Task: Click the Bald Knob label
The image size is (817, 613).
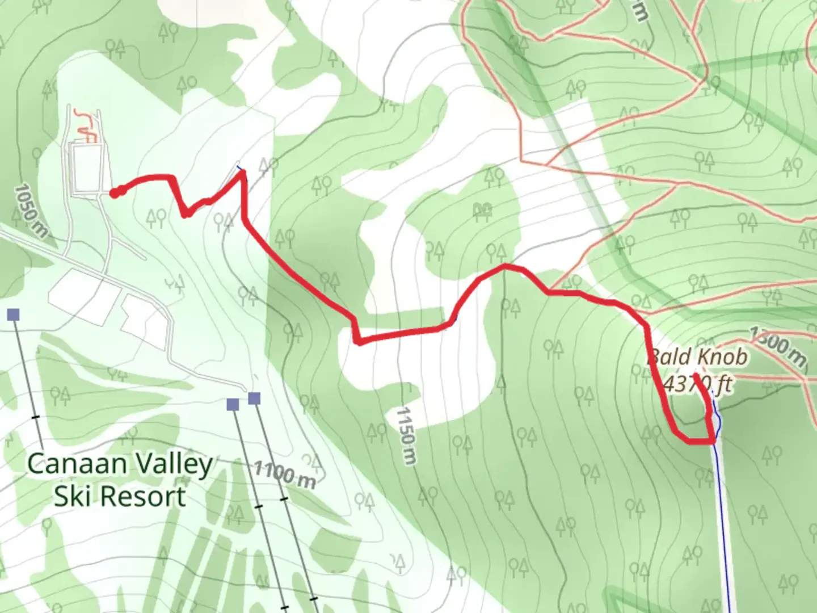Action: (x=697, y=357)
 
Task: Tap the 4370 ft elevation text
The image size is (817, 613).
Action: (x=697, y=384)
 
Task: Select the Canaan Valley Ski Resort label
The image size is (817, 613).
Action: (x=120, y=480)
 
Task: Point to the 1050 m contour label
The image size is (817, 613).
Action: (x=31, y=210)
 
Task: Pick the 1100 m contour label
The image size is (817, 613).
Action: (x=284, y=475)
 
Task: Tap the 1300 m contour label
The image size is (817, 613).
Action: (x=778, y=346)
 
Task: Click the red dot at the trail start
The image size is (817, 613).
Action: (x=115, y=194)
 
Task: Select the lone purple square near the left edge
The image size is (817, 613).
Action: (x=14, y=314)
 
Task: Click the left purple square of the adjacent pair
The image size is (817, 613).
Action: (x=233, y=404)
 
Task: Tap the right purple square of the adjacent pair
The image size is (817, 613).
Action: (x=254, y=398)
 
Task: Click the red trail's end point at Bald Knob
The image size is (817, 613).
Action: (x=696, y=376)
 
